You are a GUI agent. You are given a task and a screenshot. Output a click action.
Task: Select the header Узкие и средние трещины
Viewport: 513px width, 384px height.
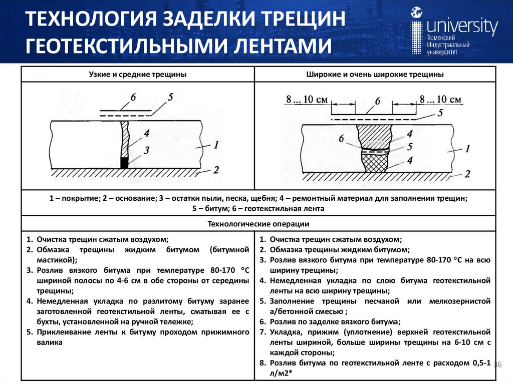click(138, 74)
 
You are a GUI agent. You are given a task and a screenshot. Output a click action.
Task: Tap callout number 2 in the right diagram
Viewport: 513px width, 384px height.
click(467, 174)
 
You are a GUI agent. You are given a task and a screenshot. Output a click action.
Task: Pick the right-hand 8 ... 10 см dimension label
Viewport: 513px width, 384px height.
click(440, 100)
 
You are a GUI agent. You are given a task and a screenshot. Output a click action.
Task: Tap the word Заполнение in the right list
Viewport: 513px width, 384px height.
click(293, 301)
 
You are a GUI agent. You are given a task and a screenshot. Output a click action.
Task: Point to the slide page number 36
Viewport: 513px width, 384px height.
click(497, 363)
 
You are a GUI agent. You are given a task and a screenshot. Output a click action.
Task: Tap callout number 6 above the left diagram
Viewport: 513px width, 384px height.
click(134, 97)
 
